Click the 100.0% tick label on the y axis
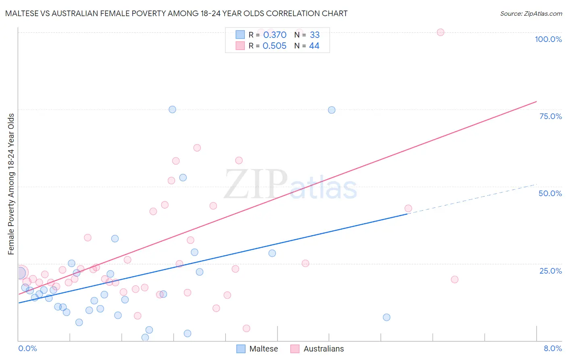pos(548,39)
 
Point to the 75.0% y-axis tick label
pos(550,116)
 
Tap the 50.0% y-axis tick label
pos(550,193)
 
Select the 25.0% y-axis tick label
pos(550,270)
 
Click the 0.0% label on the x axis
pos(27,348)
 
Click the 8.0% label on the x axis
pos(552,348)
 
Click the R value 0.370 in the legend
pos(275,35)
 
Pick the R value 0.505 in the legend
pos(274,46)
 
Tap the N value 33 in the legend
pos(315,35)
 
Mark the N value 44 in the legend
pos(314,46)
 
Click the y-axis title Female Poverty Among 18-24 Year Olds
pos(11,184)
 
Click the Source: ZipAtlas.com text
pos(531,13)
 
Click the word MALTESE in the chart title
pos(23,13)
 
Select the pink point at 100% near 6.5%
pos(440,32)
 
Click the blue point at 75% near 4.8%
pos(331,110)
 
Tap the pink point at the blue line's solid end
pos(408,208)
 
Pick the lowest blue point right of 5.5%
pos(386,317)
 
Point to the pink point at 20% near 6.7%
pos(454,279)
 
